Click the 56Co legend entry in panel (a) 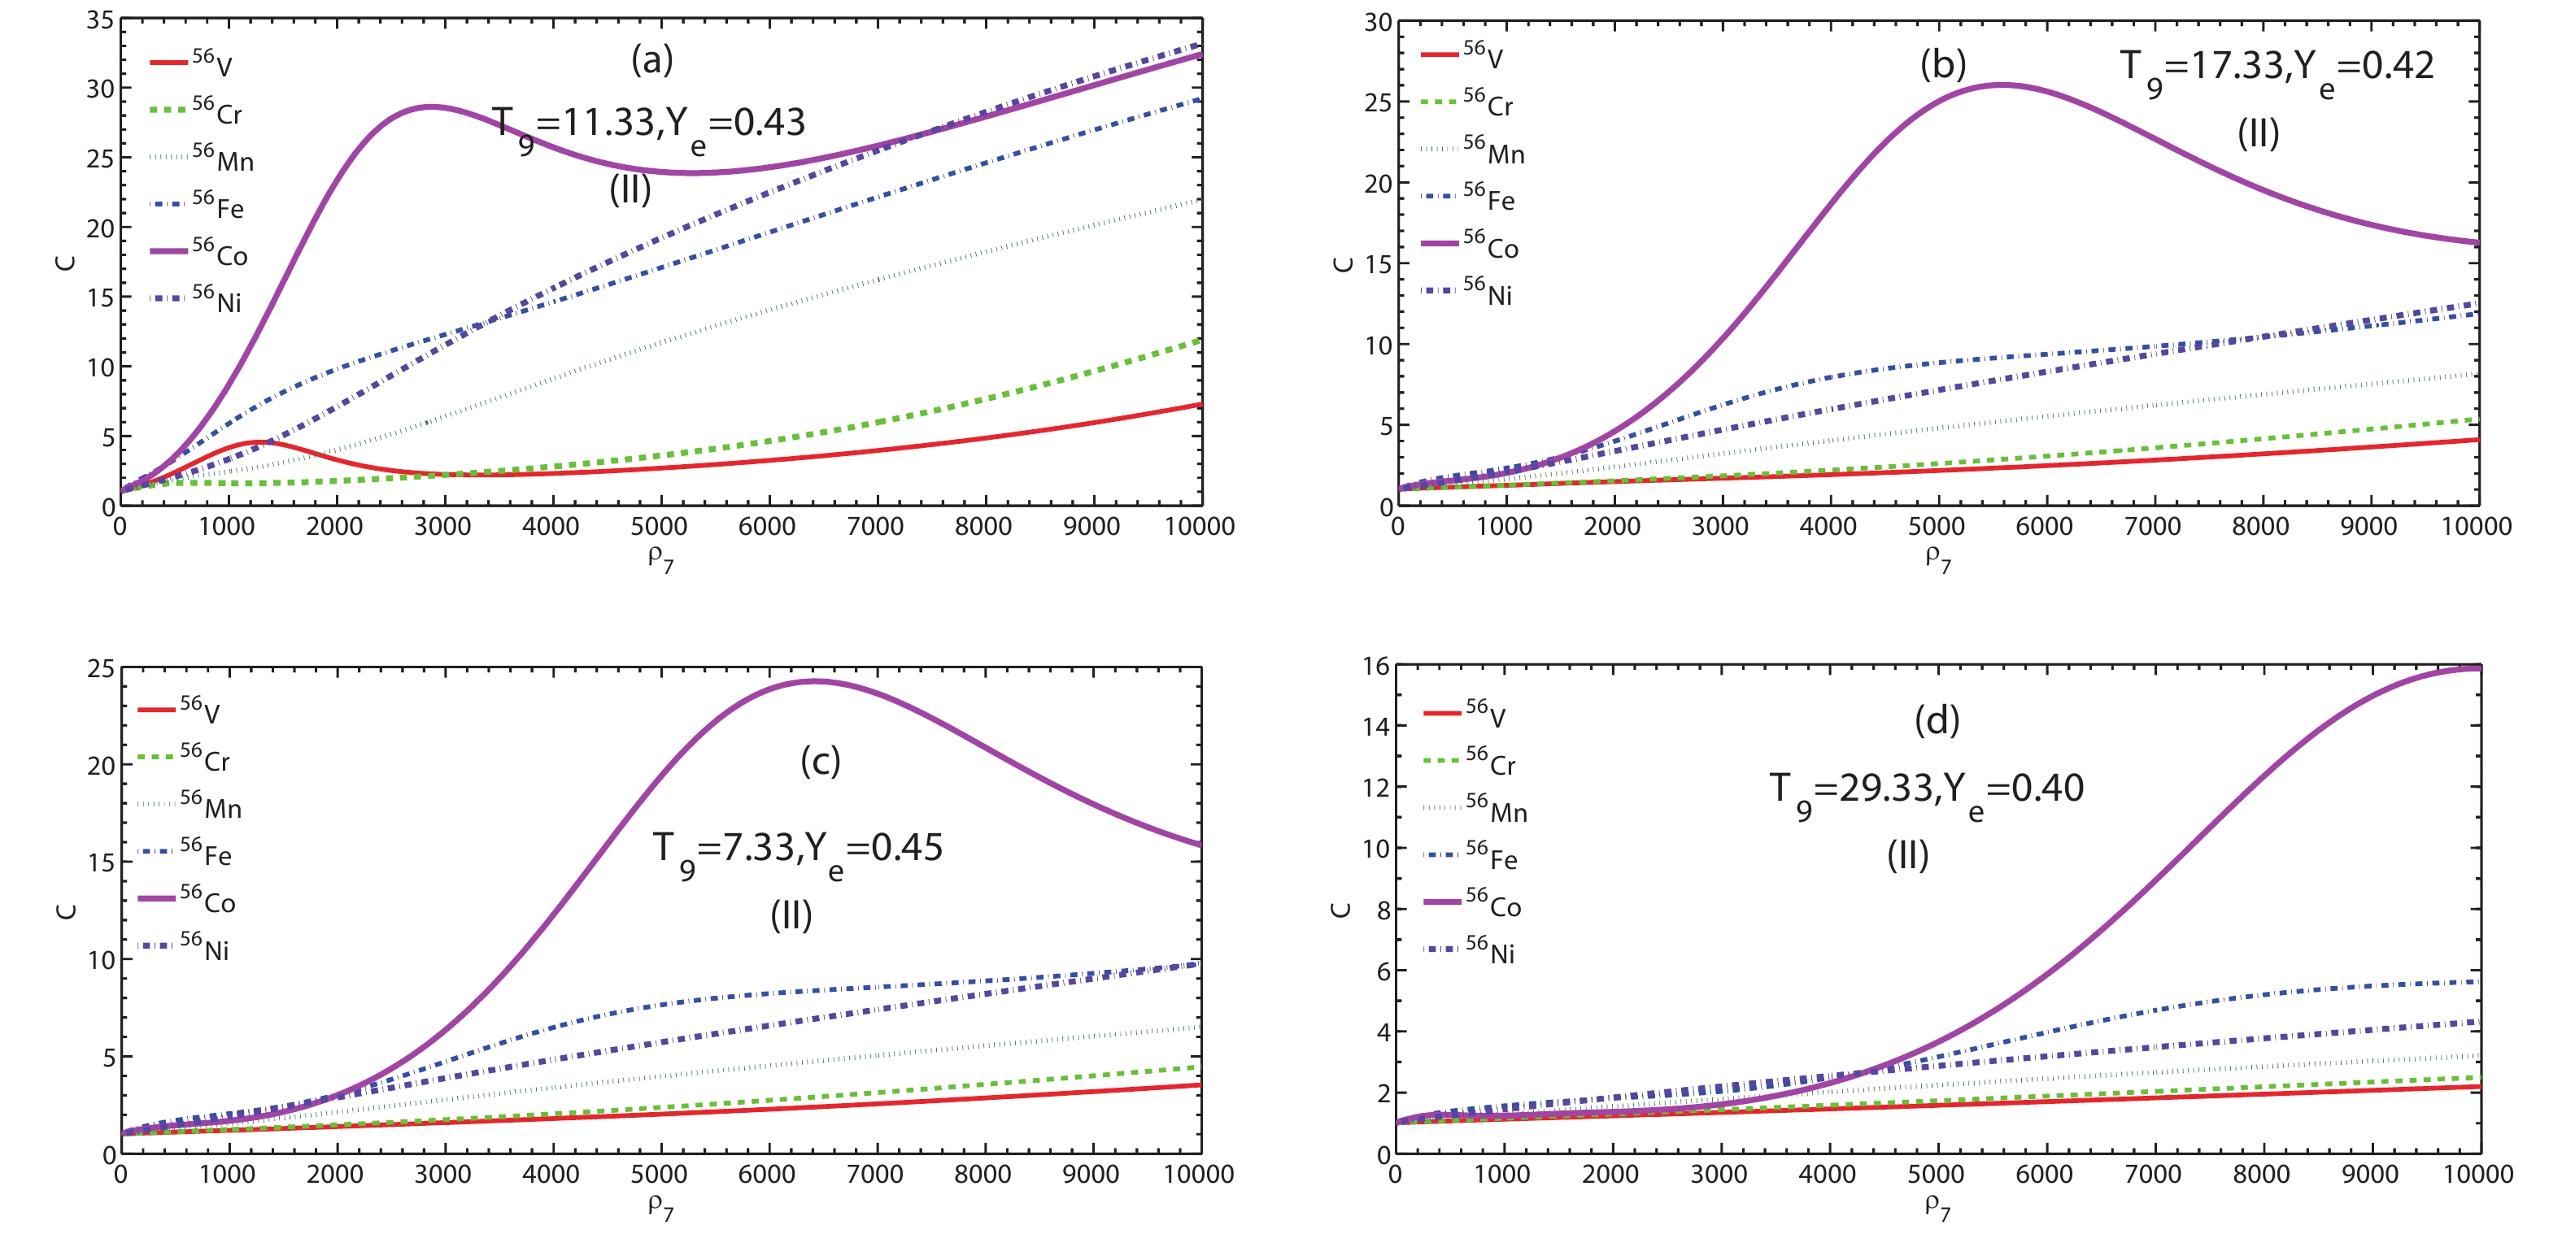click(x=199, y=253)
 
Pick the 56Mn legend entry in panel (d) click(x=1476, y=808)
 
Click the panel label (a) click(x=652, y=61)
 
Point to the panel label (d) click(x=1937, y=720)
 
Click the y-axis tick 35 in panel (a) click(x=101, y=20)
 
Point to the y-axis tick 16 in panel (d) click(x=1375, y=667)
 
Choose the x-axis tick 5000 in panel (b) click(x=1936, y=527)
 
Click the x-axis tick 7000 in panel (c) click(x=874, y=1175)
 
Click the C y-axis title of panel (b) click(x=1342, y=263)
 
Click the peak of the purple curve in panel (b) click(x=2001, y=85)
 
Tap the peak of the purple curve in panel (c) click(x=813, y=681)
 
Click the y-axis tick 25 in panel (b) click(x=1378, y=102)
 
